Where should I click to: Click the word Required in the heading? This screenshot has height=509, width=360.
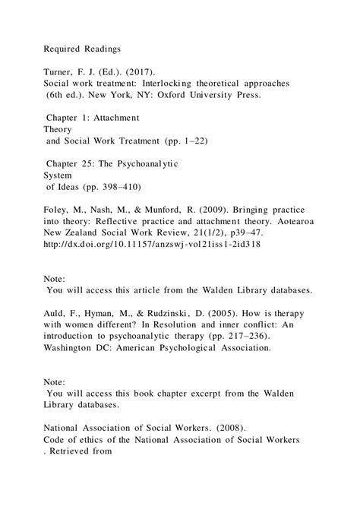click(62, 49)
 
